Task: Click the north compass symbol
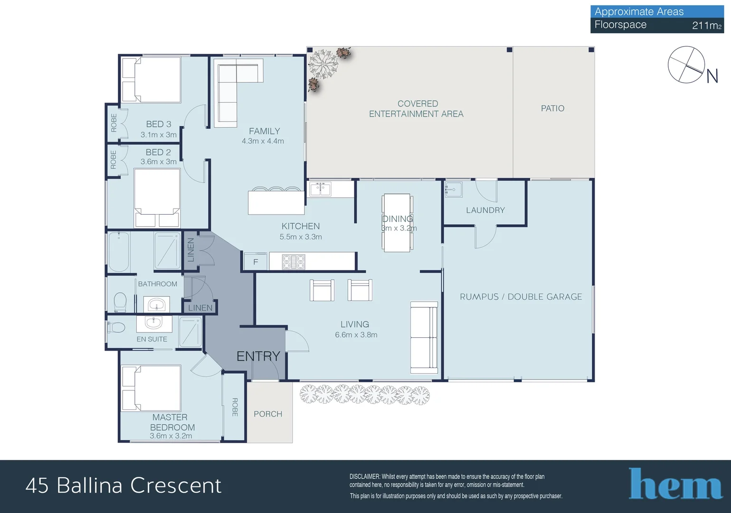686,65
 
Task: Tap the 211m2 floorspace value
706,26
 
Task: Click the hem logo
675,484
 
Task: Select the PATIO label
552,108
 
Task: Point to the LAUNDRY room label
485,210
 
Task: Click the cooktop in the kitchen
294,262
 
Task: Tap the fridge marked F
256,261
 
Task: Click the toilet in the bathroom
120,302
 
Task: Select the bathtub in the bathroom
118,252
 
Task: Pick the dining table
397,223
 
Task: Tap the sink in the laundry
454,189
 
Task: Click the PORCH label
268,414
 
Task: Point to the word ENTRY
258,356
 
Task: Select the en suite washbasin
154,323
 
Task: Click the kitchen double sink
321,189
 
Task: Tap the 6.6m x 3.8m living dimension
356,334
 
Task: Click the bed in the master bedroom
151,388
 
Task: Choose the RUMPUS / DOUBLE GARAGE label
521,297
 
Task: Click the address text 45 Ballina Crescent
123,485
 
